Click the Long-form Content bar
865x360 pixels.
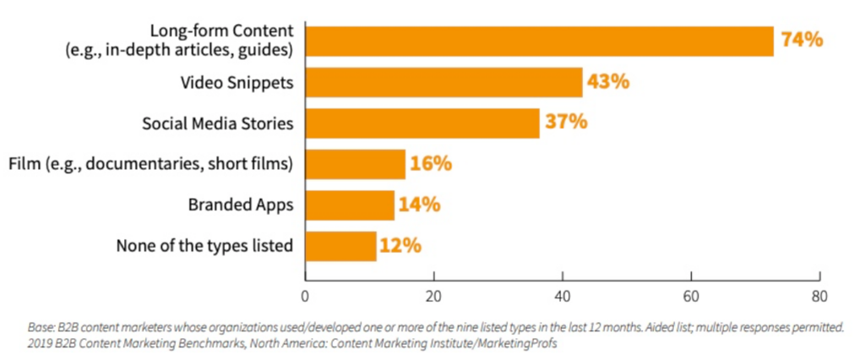point(539,41)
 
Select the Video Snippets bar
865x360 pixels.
point(443,82)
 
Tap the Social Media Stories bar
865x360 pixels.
point(422,123)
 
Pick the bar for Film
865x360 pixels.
point(355,164)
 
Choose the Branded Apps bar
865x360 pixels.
point(350,205)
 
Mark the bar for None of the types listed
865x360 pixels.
point(340,246)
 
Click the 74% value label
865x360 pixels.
point(802,40)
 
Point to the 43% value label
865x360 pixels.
point(608,82)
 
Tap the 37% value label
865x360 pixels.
point(565,123)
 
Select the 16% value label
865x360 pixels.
point(430,164)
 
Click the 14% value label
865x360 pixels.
point(420,205)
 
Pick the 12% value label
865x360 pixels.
point(400,246)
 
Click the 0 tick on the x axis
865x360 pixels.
point(305,297)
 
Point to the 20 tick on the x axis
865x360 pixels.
point(433,297)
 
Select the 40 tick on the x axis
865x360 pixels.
point(563,297)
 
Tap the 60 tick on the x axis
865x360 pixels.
point(691,297)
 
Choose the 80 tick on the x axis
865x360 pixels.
point(819,297)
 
